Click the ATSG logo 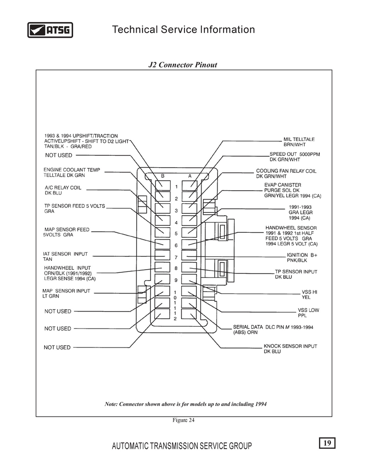[x=50, y=30]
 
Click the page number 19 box [x=327, y=443]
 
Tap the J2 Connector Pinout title [x=183, y=65]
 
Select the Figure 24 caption [x=183, y=420]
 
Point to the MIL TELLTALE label [x=299, y=139]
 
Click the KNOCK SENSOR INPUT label [x=290, y=346]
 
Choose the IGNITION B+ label [x=302, y=255]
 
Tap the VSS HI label [x=310, y=292]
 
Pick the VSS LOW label [x=308, y=310]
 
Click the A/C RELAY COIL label [x=63, y=188]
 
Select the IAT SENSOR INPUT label [x=65, y=254]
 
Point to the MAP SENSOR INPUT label [x=66, y=291]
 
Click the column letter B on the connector [x=163, y=176]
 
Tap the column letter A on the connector [x=190, y=176]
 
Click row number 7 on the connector [x=176, y=258]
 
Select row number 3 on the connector [x=176, y=211]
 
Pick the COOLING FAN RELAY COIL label [x=286, y=171]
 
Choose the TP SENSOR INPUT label [x=296, y=271]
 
